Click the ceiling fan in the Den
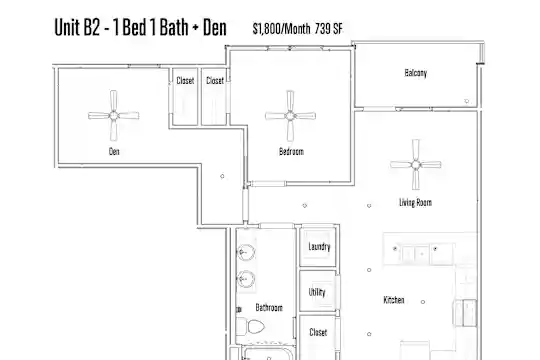(114, 115)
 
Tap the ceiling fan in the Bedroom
(290, 115)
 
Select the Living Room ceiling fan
(416, 164)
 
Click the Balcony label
(416, 73)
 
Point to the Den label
(114, 151)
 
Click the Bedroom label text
(291, 151)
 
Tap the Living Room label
(415, 202)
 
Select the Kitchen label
(394, 300)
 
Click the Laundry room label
(319, 247)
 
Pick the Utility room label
(317, 292)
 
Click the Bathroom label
(269, 307)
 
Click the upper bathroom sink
(246, 253)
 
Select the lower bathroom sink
(246, 278)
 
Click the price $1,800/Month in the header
(281, 29)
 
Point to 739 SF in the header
(329, 29)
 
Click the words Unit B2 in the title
(77, 27)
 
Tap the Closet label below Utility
(318, 332)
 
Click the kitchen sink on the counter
(415, 254)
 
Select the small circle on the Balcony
(467, 101)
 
